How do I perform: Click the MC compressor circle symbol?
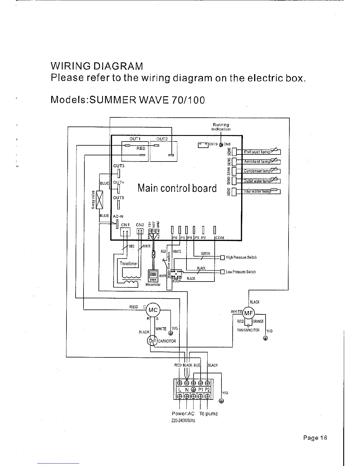pos(153,310)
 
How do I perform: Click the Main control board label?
pos(177,188)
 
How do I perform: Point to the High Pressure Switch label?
pos(241,257)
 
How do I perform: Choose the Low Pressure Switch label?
pos(241,272)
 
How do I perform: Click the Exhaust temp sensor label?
pos(257,152)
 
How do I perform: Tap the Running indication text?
pos(221,127)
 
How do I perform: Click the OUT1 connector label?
pos(135,139)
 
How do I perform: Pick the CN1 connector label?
pos(126,225)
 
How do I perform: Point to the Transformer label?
pos(129,263)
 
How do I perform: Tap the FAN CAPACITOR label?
pos(248,330)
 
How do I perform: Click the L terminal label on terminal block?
pos(179,390)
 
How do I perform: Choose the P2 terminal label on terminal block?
pos(207,390)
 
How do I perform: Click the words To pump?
pos(209,414)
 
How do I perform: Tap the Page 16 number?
pos(315,438)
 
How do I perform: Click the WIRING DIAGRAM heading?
pos(97,66)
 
